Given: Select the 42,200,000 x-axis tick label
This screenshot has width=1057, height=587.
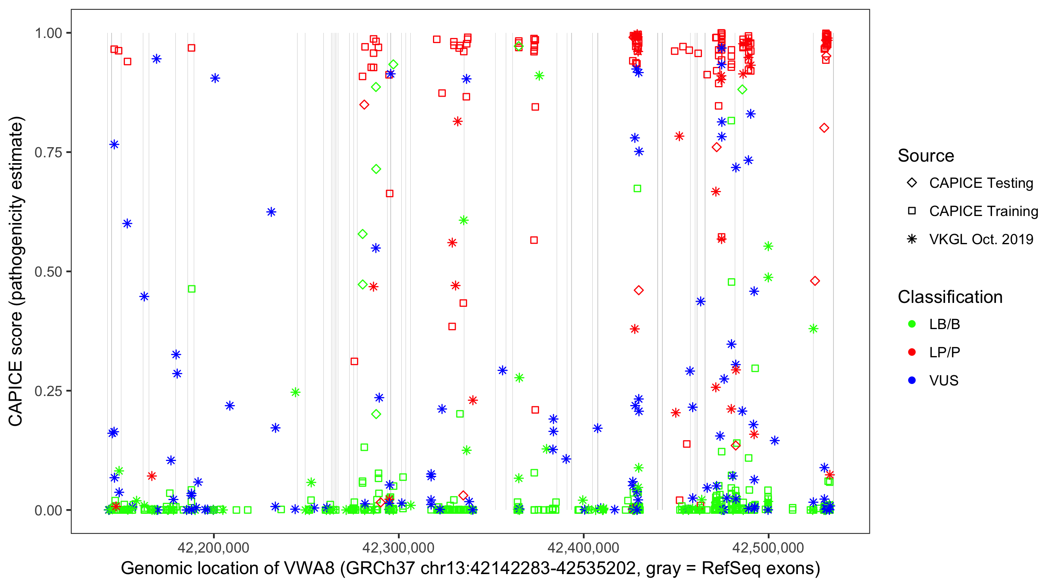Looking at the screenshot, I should click(213, 547).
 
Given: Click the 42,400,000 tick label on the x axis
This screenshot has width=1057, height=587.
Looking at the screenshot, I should click(583, 547).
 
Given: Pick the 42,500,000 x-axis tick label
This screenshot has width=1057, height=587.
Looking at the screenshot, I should click(768, 547).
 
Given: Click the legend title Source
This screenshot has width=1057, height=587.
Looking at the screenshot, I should click(926, 156).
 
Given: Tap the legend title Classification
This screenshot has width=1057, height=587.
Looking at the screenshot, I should click(950, 297).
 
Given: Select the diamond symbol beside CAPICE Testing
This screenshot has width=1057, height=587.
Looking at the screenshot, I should click(912, 183).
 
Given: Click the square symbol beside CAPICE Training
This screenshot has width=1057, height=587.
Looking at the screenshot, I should click(912, 211).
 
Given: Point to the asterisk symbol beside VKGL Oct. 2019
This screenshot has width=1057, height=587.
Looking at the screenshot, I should click(912, 239).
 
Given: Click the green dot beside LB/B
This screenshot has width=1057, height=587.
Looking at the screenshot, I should click(912, 324).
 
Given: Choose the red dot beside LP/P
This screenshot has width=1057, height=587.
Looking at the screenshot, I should click(912, 352).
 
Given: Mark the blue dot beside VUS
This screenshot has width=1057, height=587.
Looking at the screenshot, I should click(912, 380).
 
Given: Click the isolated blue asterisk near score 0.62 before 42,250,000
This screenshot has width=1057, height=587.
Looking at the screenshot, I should click(271, 212).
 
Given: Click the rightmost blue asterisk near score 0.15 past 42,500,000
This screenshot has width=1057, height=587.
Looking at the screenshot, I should click(774, 441).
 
